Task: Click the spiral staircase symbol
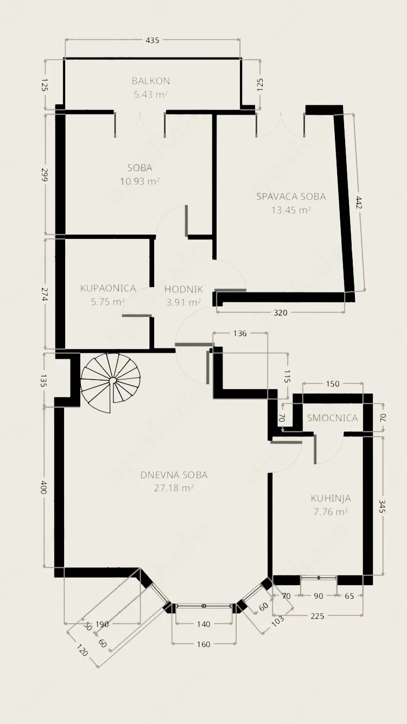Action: (111, 383)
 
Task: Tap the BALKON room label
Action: (151, 81)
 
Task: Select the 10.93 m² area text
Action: (139, 181)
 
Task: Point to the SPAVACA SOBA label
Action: (291, 196)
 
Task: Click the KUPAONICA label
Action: (108, 288)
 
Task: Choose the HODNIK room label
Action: (183, 289)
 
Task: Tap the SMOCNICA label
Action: (332, 418)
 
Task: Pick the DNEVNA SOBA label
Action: (174, 475)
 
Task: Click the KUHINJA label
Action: (330, 498)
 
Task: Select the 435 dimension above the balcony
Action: (152, 40)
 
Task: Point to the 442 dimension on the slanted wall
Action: (358, 202)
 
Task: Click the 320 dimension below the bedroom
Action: (280, 313)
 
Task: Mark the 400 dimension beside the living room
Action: (43, 487)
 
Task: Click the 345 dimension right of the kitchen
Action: (383, 506)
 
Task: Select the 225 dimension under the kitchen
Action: (317, 616)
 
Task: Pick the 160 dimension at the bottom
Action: (203, 644)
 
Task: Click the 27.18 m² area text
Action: (174, 488)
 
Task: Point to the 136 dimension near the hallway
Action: (240, 333)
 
